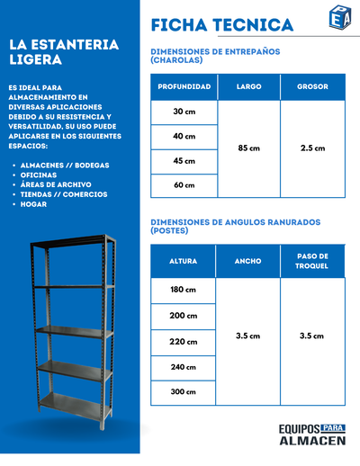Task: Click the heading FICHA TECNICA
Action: pos(221,24)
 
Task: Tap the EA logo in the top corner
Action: pos(340,18)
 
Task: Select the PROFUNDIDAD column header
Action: pos(184,87)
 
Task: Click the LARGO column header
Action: pos(249,87)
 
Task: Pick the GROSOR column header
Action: pos(312,87)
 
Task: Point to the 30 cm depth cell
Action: pos(184,112)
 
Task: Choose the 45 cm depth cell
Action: pos(184,161)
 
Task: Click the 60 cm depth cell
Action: pos(184,185)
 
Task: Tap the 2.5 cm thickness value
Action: pos(312,148)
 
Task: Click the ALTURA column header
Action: pos(184,261)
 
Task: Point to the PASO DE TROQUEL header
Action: pos(312,261)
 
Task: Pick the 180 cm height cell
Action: pos(184,290)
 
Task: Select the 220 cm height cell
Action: pos(184,342)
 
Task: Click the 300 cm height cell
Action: pos(184,393)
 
